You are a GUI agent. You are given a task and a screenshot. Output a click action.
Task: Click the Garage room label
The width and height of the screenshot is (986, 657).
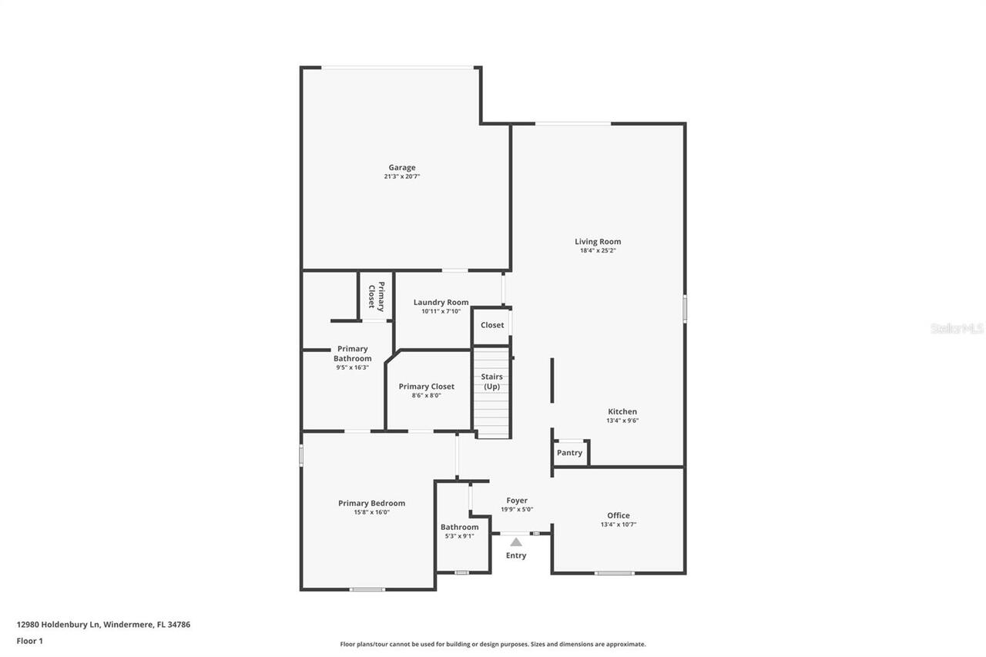click(401, 167)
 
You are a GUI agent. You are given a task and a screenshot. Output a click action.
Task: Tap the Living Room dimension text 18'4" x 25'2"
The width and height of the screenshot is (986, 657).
click(598, 250)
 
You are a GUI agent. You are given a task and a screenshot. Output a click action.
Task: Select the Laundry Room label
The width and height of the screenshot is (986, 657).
click(441, 302)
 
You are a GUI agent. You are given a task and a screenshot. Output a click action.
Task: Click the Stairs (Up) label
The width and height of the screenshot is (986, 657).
click(492, 381)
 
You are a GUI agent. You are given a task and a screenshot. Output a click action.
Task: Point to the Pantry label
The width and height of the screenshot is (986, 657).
click(569, 453)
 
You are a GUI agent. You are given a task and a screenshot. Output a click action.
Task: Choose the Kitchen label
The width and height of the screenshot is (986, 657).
click(622, 411)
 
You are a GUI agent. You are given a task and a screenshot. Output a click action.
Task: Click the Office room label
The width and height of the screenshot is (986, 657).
click(618, 515)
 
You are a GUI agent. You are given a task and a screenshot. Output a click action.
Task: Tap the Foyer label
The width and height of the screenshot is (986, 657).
click(516, 501)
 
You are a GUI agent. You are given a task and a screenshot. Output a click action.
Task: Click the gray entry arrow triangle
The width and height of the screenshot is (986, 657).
click(516, 542)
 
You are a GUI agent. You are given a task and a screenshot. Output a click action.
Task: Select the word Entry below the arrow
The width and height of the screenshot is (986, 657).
click(516, 555)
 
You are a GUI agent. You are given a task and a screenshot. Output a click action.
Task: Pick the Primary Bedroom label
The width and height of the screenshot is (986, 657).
click(371, 503)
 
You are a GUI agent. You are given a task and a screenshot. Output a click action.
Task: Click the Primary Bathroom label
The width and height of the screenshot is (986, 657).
click(352, 354)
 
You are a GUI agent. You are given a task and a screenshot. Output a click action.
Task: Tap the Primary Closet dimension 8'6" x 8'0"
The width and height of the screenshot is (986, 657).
click(426, 395)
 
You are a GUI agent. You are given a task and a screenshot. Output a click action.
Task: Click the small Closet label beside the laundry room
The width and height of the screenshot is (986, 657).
click(492, 325)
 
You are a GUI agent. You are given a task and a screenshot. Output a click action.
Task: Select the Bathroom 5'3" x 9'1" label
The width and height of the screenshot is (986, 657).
click(460, 528)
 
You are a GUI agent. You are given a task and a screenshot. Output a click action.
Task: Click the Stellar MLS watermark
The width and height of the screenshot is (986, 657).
click(957, 328)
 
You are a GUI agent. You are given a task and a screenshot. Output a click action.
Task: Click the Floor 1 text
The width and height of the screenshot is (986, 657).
click(30, 640)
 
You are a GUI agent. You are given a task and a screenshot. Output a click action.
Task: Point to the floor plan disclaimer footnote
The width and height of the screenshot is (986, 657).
click(493, 644)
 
